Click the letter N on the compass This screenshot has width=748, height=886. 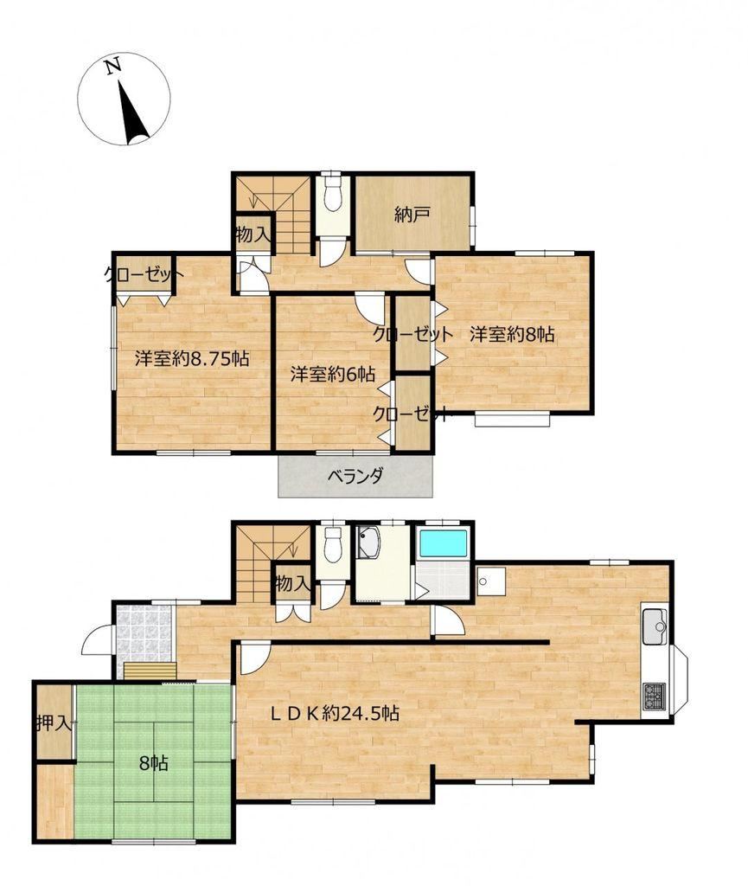click(113, 66)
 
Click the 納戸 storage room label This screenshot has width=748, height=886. click(413, 215)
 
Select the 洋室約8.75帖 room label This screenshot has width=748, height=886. click(192, 359)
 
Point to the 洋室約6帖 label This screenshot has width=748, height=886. click(333, 374)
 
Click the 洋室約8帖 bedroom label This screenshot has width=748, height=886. click(512, 335)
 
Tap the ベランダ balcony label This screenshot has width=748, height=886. click(355, 477)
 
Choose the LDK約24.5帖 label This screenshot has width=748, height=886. click(335, 713)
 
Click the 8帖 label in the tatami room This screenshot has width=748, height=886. click(154, 764)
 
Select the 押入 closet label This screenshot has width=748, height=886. click(54, 723)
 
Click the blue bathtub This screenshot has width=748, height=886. click(443, 543)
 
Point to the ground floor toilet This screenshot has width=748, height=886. click(334, 546)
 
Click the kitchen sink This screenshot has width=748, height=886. click(655, 626)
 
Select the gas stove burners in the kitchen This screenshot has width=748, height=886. click(655, 695)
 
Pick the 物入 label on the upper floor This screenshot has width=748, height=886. click(253, 234)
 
